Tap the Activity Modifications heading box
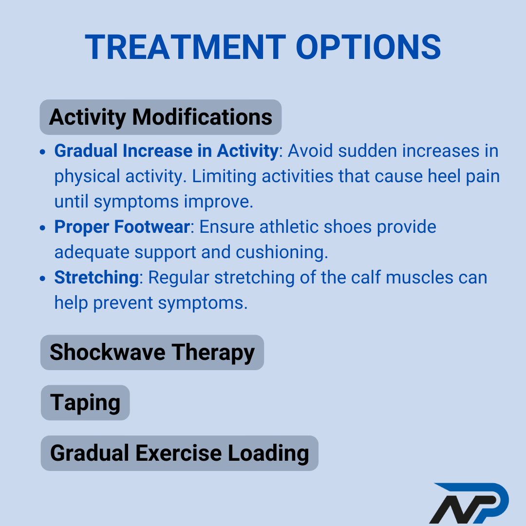161,117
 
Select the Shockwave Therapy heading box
152,352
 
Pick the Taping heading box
85,403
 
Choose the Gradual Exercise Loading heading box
179,453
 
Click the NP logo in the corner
469,503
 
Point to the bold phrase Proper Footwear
121,227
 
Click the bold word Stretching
96,278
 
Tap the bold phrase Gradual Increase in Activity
166,151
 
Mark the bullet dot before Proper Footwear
44,228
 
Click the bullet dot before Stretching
44,279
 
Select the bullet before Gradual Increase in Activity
44,152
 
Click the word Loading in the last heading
268,453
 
